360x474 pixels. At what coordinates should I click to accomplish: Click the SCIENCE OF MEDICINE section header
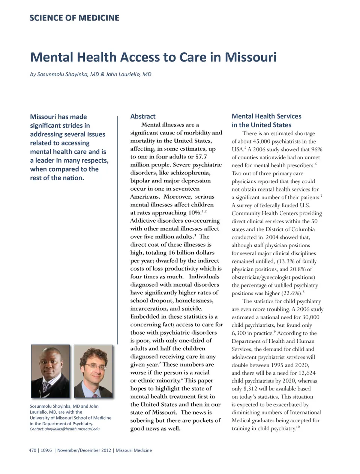coord(74,18)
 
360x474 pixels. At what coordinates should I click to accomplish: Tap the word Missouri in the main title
coord(250,57)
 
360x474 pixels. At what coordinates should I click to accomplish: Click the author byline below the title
coord(91,74)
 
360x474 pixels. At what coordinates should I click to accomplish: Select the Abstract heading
coord(142,117)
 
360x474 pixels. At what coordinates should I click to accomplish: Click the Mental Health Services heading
coord(266,117)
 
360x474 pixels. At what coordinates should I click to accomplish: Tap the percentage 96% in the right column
coord(316,149)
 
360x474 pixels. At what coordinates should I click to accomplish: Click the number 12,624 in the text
coord(305,373)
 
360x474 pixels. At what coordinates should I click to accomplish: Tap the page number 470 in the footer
coord(32,450)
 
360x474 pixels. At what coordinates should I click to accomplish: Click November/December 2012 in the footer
coord(84,450)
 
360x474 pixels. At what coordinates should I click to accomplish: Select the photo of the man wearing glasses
coord(93,371)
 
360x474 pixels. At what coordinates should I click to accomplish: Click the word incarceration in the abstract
coord(149,309)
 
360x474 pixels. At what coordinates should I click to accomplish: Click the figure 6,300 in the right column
coord(238,333)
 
